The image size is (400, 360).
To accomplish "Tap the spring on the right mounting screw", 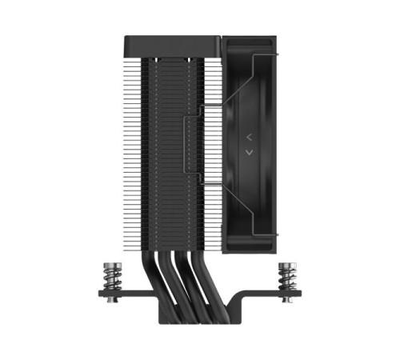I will tap(286, 279).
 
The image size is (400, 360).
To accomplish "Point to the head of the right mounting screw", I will tap(286, 264).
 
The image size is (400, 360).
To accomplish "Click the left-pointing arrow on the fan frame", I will tap(249, 137).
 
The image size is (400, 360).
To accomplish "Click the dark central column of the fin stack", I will tap(172, 144).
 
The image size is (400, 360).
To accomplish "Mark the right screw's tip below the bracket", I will tap(286, 301).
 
